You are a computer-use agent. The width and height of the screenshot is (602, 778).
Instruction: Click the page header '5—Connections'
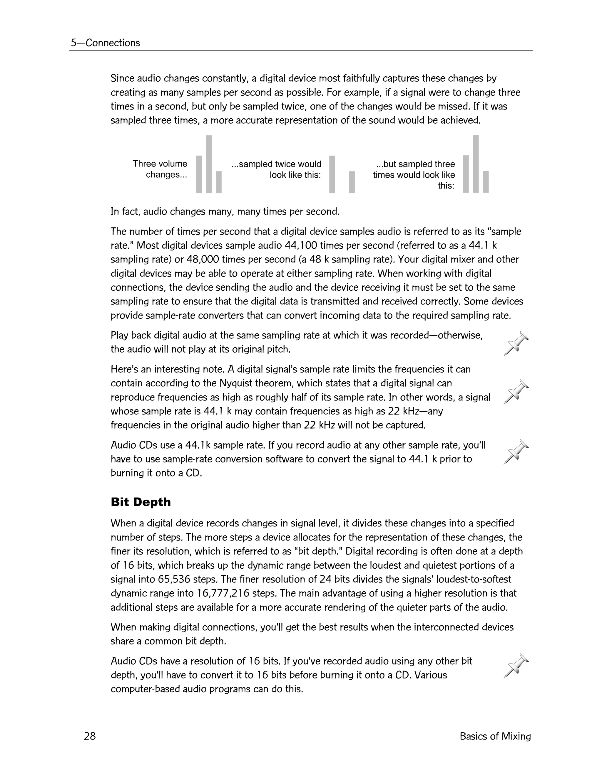105,43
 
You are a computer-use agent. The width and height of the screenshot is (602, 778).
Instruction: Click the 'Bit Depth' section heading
141,502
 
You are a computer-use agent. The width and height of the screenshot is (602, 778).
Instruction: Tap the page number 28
90,736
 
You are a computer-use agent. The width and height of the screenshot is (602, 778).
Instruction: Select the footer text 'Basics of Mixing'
495,736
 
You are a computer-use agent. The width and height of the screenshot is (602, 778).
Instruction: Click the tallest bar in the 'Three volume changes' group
209,164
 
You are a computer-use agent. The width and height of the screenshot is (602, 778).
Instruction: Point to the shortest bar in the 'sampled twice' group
352,182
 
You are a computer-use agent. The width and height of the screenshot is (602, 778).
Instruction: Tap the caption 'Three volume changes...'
160,169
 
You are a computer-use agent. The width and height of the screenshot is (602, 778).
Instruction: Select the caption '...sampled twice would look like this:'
276,169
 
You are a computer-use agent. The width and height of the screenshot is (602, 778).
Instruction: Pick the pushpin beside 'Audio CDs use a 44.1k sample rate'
516,452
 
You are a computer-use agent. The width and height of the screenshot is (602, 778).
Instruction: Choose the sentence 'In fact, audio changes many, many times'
225,212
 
